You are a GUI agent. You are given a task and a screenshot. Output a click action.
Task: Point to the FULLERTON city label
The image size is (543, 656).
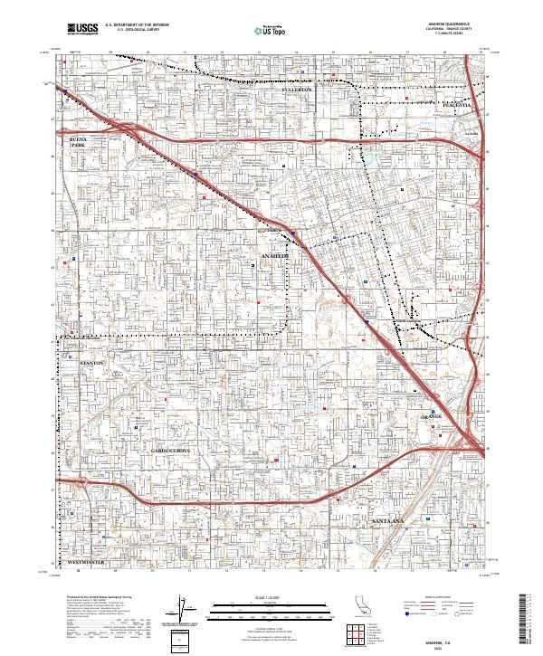coord(296,90)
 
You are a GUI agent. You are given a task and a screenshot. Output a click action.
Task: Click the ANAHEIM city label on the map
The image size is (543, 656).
coord(276,256)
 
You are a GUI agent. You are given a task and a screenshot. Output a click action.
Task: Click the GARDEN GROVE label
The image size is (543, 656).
coord(169,450)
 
